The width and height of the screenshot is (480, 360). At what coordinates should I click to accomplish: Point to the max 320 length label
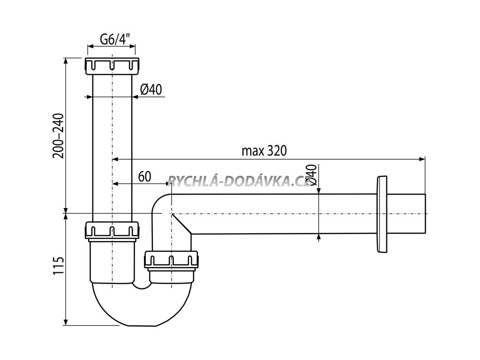tap(264, 150)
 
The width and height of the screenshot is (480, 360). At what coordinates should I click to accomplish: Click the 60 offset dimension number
tap(144, 176)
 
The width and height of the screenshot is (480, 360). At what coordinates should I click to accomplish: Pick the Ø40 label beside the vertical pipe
tap(150, 89)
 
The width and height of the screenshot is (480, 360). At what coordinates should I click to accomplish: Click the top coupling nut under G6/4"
tap(112, 66)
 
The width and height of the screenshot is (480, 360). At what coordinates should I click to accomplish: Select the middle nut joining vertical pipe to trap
tap(112, 229)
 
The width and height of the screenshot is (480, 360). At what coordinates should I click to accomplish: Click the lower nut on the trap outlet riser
tap(172, 260)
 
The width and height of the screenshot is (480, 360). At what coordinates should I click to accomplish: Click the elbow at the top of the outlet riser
tap(162, 202)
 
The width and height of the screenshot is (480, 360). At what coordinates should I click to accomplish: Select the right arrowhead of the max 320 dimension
tap(421, 160)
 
